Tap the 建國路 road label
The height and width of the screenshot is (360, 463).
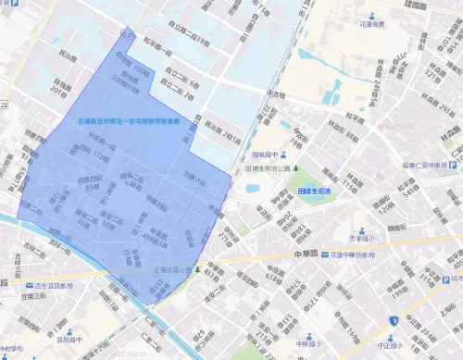(x=438, y=6)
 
